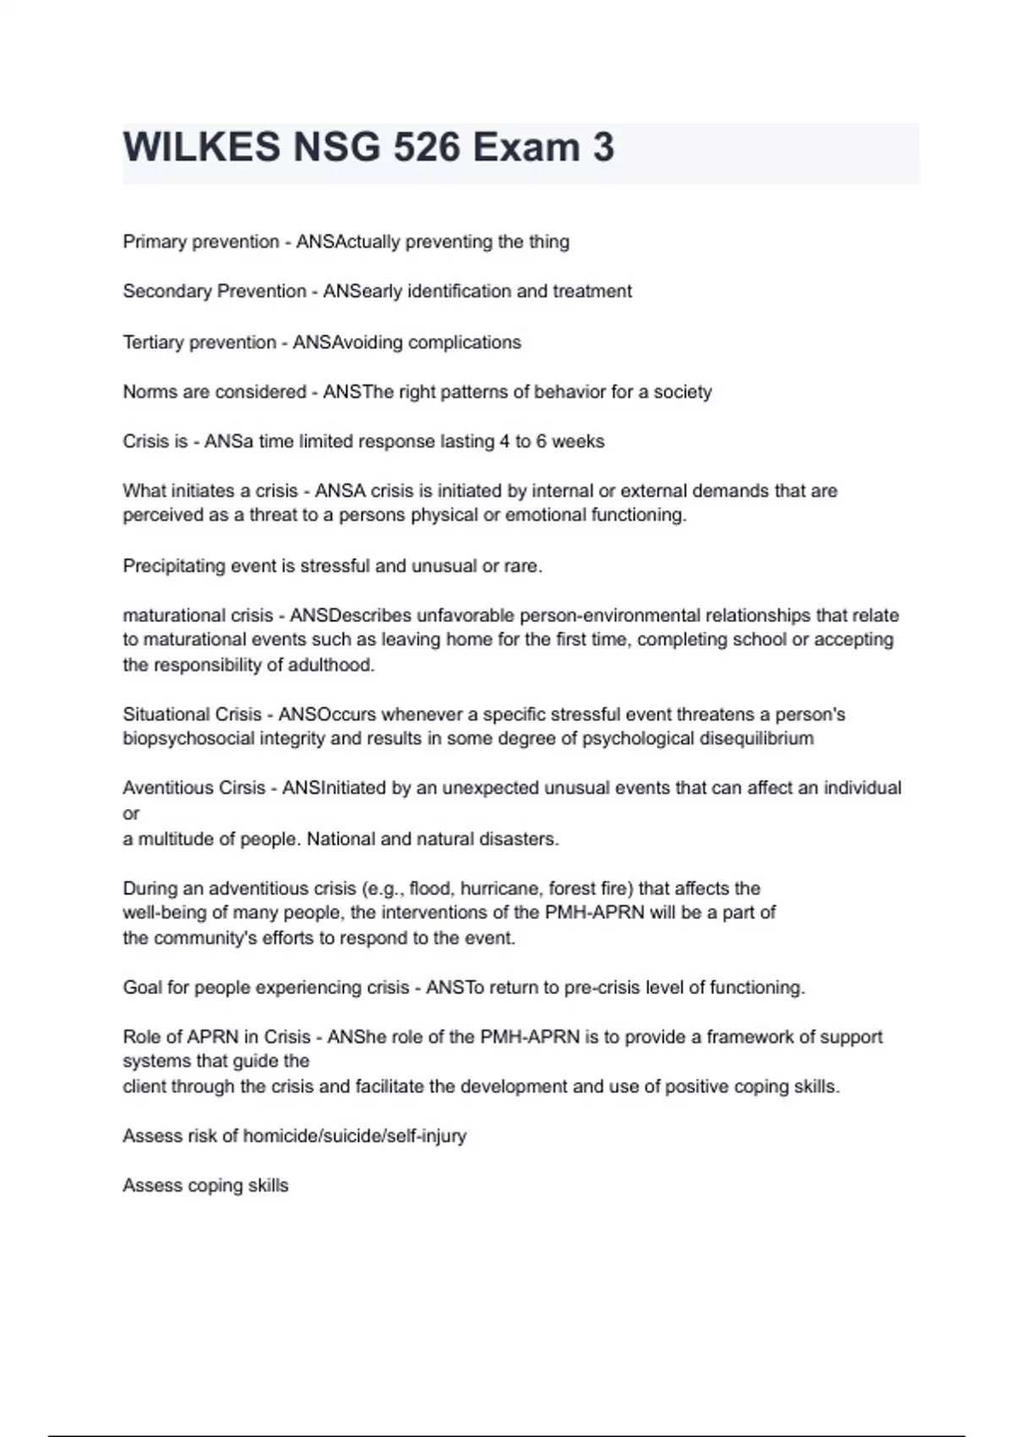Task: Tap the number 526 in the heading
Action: tap(415, 147)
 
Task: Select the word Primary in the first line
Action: tap(155, 242)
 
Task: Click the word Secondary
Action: tap(167, 292)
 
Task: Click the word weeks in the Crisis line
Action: tap(579, 441)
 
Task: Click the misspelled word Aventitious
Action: tap(165, 788)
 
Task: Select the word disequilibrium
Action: tap(756, 739)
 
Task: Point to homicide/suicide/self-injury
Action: tap(354, 1136)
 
